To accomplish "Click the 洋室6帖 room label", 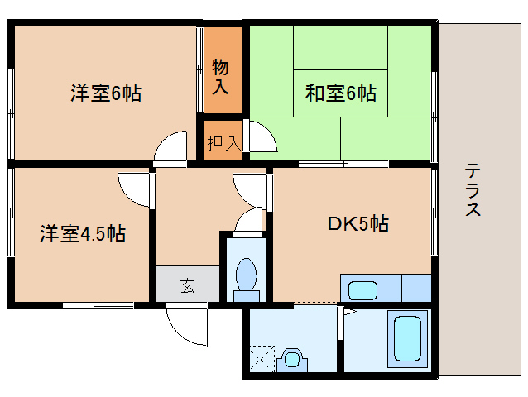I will coord(105,93).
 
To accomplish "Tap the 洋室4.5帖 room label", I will coord(83,234).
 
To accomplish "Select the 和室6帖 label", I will coord(341,93).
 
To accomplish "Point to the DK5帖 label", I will coord(358,223).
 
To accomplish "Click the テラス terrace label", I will coord(473,190).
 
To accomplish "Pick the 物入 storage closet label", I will coord(221,74).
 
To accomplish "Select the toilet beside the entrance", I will coord(246,277).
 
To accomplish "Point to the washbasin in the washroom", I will coord(291,359).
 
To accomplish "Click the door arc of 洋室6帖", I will coord(172,147).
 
